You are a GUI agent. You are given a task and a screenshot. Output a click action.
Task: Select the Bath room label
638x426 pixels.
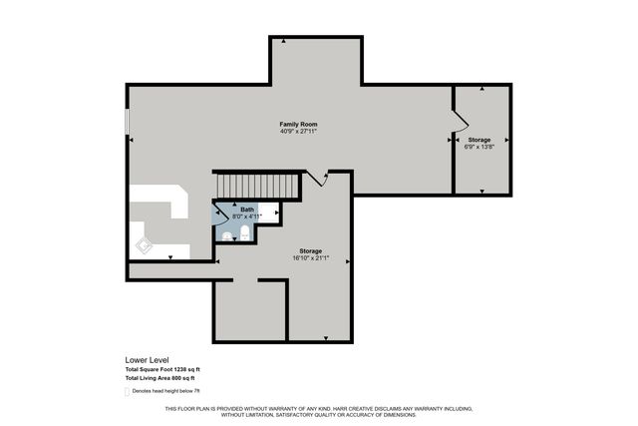pyautogui.click(x=246, y=209)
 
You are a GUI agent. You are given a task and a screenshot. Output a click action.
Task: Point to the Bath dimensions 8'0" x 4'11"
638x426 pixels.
pyautogui.click(x=246, y=215)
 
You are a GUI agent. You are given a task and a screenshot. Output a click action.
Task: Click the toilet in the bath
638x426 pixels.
pyautogui.click(x=244, y=233)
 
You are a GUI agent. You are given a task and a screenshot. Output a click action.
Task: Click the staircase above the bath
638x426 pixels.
pyautogui.click(x=258, y=186)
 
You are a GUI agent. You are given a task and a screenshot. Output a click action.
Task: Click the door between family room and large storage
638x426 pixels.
pyautogui.click(x=317, y=179)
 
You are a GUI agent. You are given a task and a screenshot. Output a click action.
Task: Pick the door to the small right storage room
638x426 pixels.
pyautogui.click(x=460, y=120)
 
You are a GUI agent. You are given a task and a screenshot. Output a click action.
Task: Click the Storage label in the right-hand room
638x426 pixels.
pyautogui.click(x=479, y=140)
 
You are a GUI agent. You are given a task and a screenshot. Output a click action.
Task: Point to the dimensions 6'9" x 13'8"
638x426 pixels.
pyautogui.click(x=479, y=148)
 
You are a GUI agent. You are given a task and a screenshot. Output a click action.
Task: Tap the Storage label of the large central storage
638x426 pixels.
pyautogui.click(x=311, y=250)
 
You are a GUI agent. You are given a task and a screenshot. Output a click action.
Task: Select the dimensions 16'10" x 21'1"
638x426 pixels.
pyautogui.click(x=311, y=258)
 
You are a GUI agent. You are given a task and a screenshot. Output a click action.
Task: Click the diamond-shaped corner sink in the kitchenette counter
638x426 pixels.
pyautogui.click(x=143, y=243)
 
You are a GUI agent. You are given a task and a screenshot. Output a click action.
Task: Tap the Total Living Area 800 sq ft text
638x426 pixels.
pyautogui.click(x=153, y=379)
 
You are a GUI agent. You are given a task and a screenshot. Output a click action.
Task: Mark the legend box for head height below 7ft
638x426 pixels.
pyautogui.click(x=126, y=391)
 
